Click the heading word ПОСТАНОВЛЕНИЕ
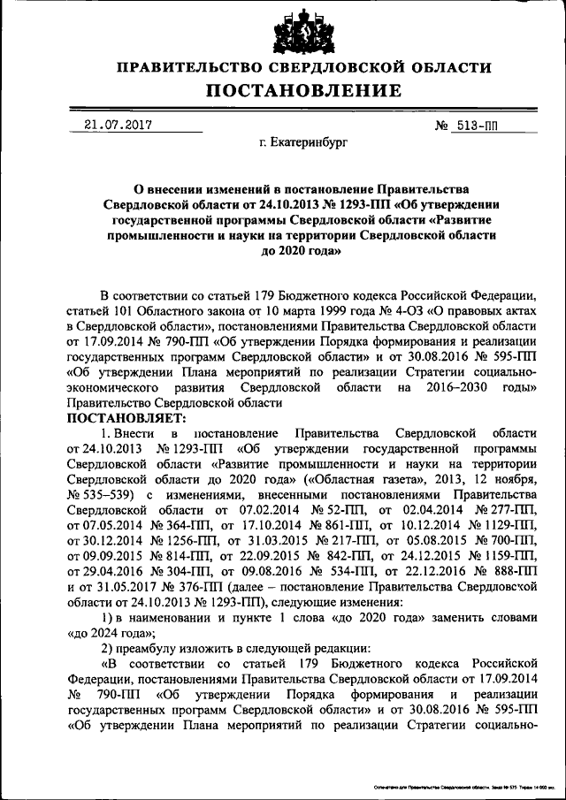tap(304, 90)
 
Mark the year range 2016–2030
tap(441, 387)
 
